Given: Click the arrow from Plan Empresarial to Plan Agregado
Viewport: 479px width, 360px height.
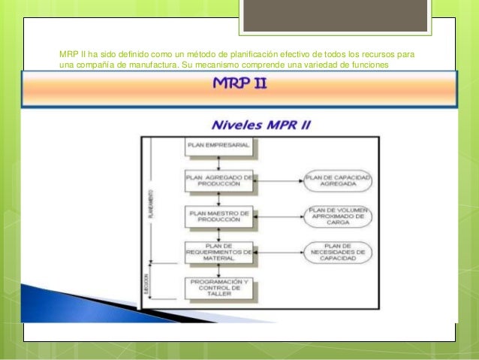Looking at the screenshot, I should coord(217,162).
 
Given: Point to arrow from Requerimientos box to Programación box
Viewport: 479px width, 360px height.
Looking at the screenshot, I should coord(217,270).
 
